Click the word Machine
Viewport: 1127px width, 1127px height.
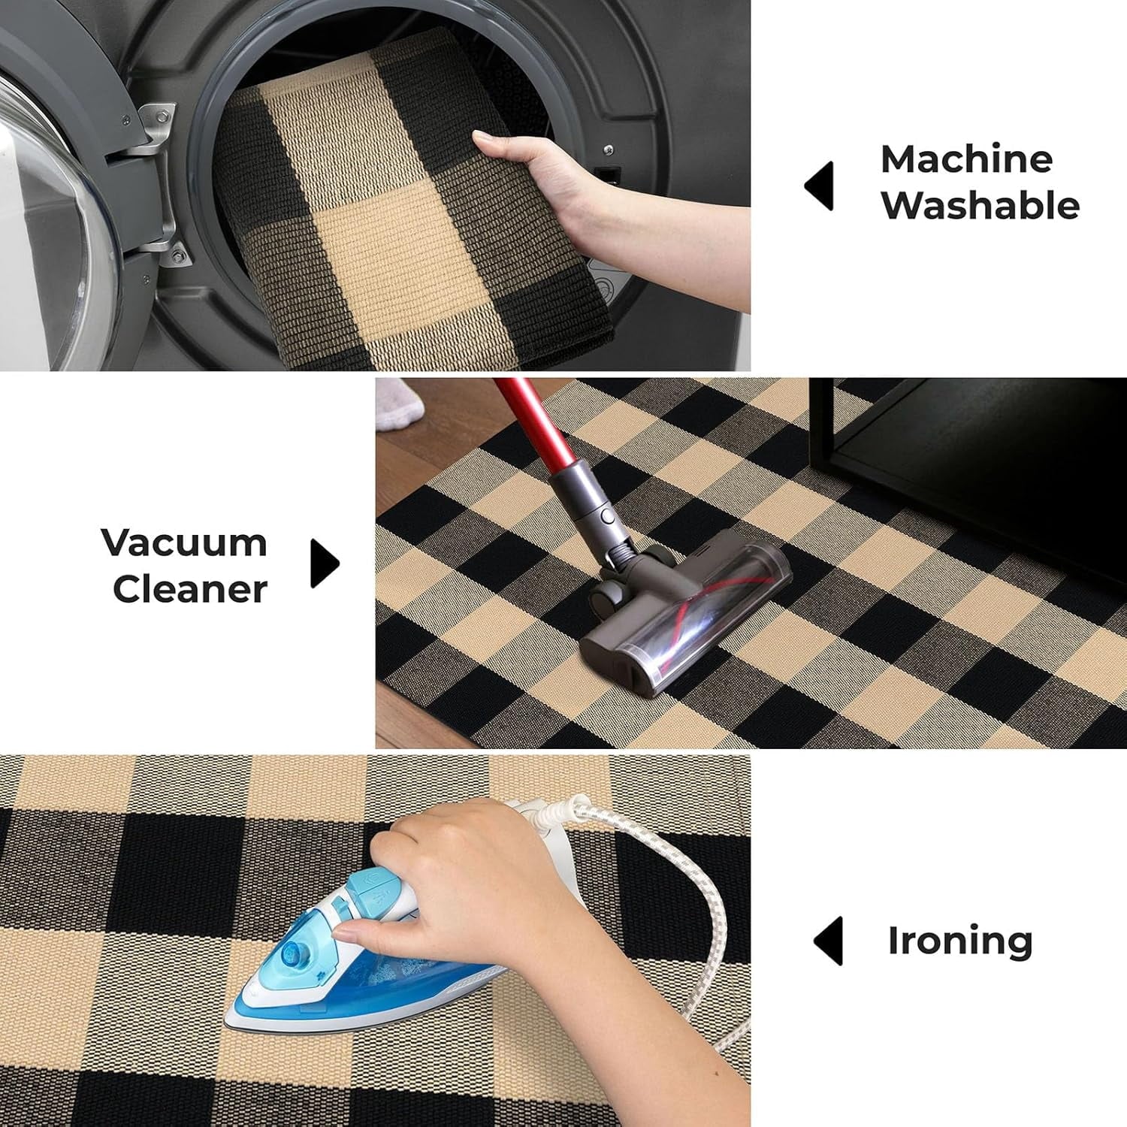coord(966,159)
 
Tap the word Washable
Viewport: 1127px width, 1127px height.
coord(980,205)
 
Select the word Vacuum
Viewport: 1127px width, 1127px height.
coord(184,542)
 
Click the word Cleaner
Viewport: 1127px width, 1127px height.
coord(190,589)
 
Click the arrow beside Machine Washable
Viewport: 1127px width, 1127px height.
coord(820,186)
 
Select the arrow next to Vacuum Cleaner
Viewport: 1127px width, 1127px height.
coord(324,563)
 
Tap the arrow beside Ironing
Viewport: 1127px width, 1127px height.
coord(829,941)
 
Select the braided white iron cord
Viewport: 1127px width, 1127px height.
coord(676,887)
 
